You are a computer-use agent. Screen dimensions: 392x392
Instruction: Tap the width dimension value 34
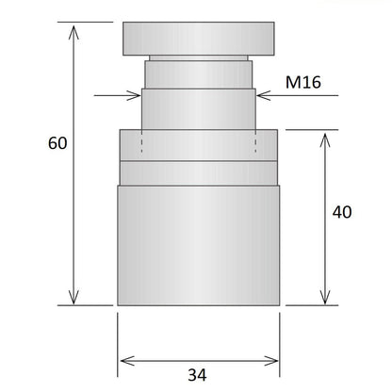click(196, 375)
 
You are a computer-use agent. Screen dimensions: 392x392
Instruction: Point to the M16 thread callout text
click(303, 83)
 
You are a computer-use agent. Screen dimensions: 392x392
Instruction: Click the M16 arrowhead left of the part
click(134, 94)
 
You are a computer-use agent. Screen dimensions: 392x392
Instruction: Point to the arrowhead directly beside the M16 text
click(265, 94)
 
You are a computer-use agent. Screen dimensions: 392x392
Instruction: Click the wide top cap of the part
click(198, 40)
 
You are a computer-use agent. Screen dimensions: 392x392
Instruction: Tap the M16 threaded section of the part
click(198, 108)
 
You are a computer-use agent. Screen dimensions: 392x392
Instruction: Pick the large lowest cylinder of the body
click(198, 245)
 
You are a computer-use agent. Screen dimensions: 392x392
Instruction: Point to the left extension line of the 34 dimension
click(118, 339)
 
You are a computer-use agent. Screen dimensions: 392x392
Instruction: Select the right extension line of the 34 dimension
click(281, 339)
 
